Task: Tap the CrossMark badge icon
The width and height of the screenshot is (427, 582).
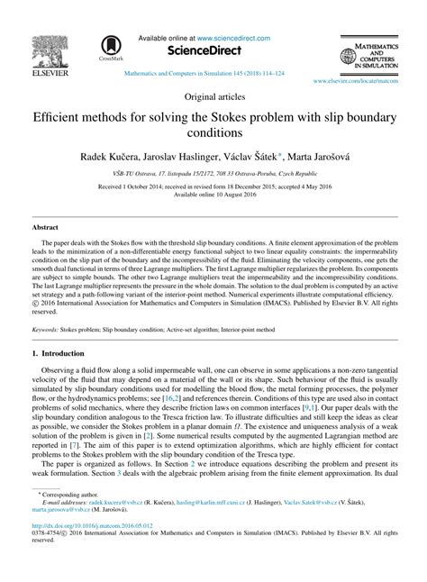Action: click(x=111, y=44)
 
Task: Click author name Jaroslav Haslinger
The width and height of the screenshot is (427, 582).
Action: click(x=193, y=155)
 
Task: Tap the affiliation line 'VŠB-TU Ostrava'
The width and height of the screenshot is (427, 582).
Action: click(x=213, y=172)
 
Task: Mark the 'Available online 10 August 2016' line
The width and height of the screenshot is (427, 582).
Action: click(x=213, y=194)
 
